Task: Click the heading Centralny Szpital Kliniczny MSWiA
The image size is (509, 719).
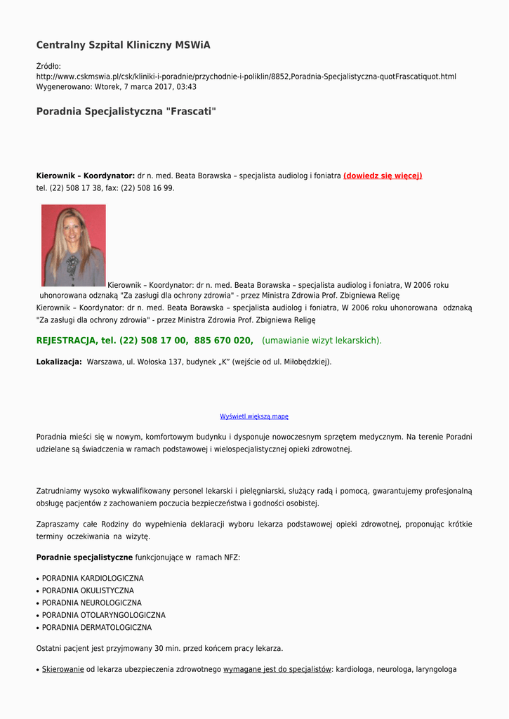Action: click(123, 45)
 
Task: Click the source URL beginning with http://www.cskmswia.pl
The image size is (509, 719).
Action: click(246, 76)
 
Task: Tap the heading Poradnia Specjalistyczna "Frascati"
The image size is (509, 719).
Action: click(126, 112)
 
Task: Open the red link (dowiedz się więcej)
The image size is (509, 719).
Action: click(383, 176)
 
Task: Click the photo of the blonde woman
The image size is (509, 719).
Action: click(74, 245)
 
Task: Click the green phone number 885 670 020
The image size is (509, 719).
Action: click(223, 341)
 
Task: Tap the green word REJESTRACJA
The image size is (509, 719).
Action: click(66, 341)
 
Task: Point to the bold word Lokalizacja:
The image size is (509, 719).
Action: click(59, 362)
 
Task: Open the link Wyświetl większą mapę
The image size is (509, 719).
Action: click(254, 416)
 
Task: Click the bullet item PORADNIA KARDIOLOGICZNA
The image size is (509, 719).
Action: click(93, 579)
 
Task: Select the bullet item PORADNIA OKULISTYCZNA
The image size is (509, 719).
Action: click(88, 591)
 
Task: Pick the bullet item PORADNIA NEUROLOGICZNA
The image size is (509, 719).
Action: click(91, 603)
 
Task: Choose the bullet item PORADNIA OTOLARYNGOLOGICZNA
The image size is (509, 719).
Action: click(104, 615)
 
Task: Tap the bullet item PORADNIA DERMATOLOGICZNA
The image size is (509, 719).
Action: click(97, 628)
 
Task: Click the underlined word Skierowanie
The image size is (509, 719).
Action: click(63, 669)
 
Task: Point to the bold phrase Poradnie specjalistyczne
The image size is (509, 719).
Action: click(84, 558)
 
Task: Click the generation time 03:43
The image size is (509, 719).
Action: click(186, 87)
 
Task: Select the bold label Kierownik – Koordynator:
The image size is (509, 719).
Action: click(85, 176)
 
